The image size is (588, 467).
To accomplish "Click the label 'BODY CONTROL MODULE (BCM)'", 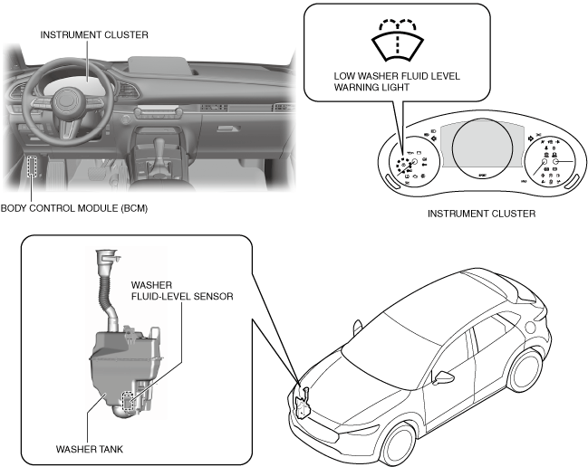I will (74, 207).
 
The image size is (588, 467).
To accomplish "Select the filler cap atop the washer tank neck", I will (107, 259).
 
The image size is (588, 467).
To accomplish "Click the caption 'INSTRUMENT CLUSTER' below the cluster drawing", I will (480, 214).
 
